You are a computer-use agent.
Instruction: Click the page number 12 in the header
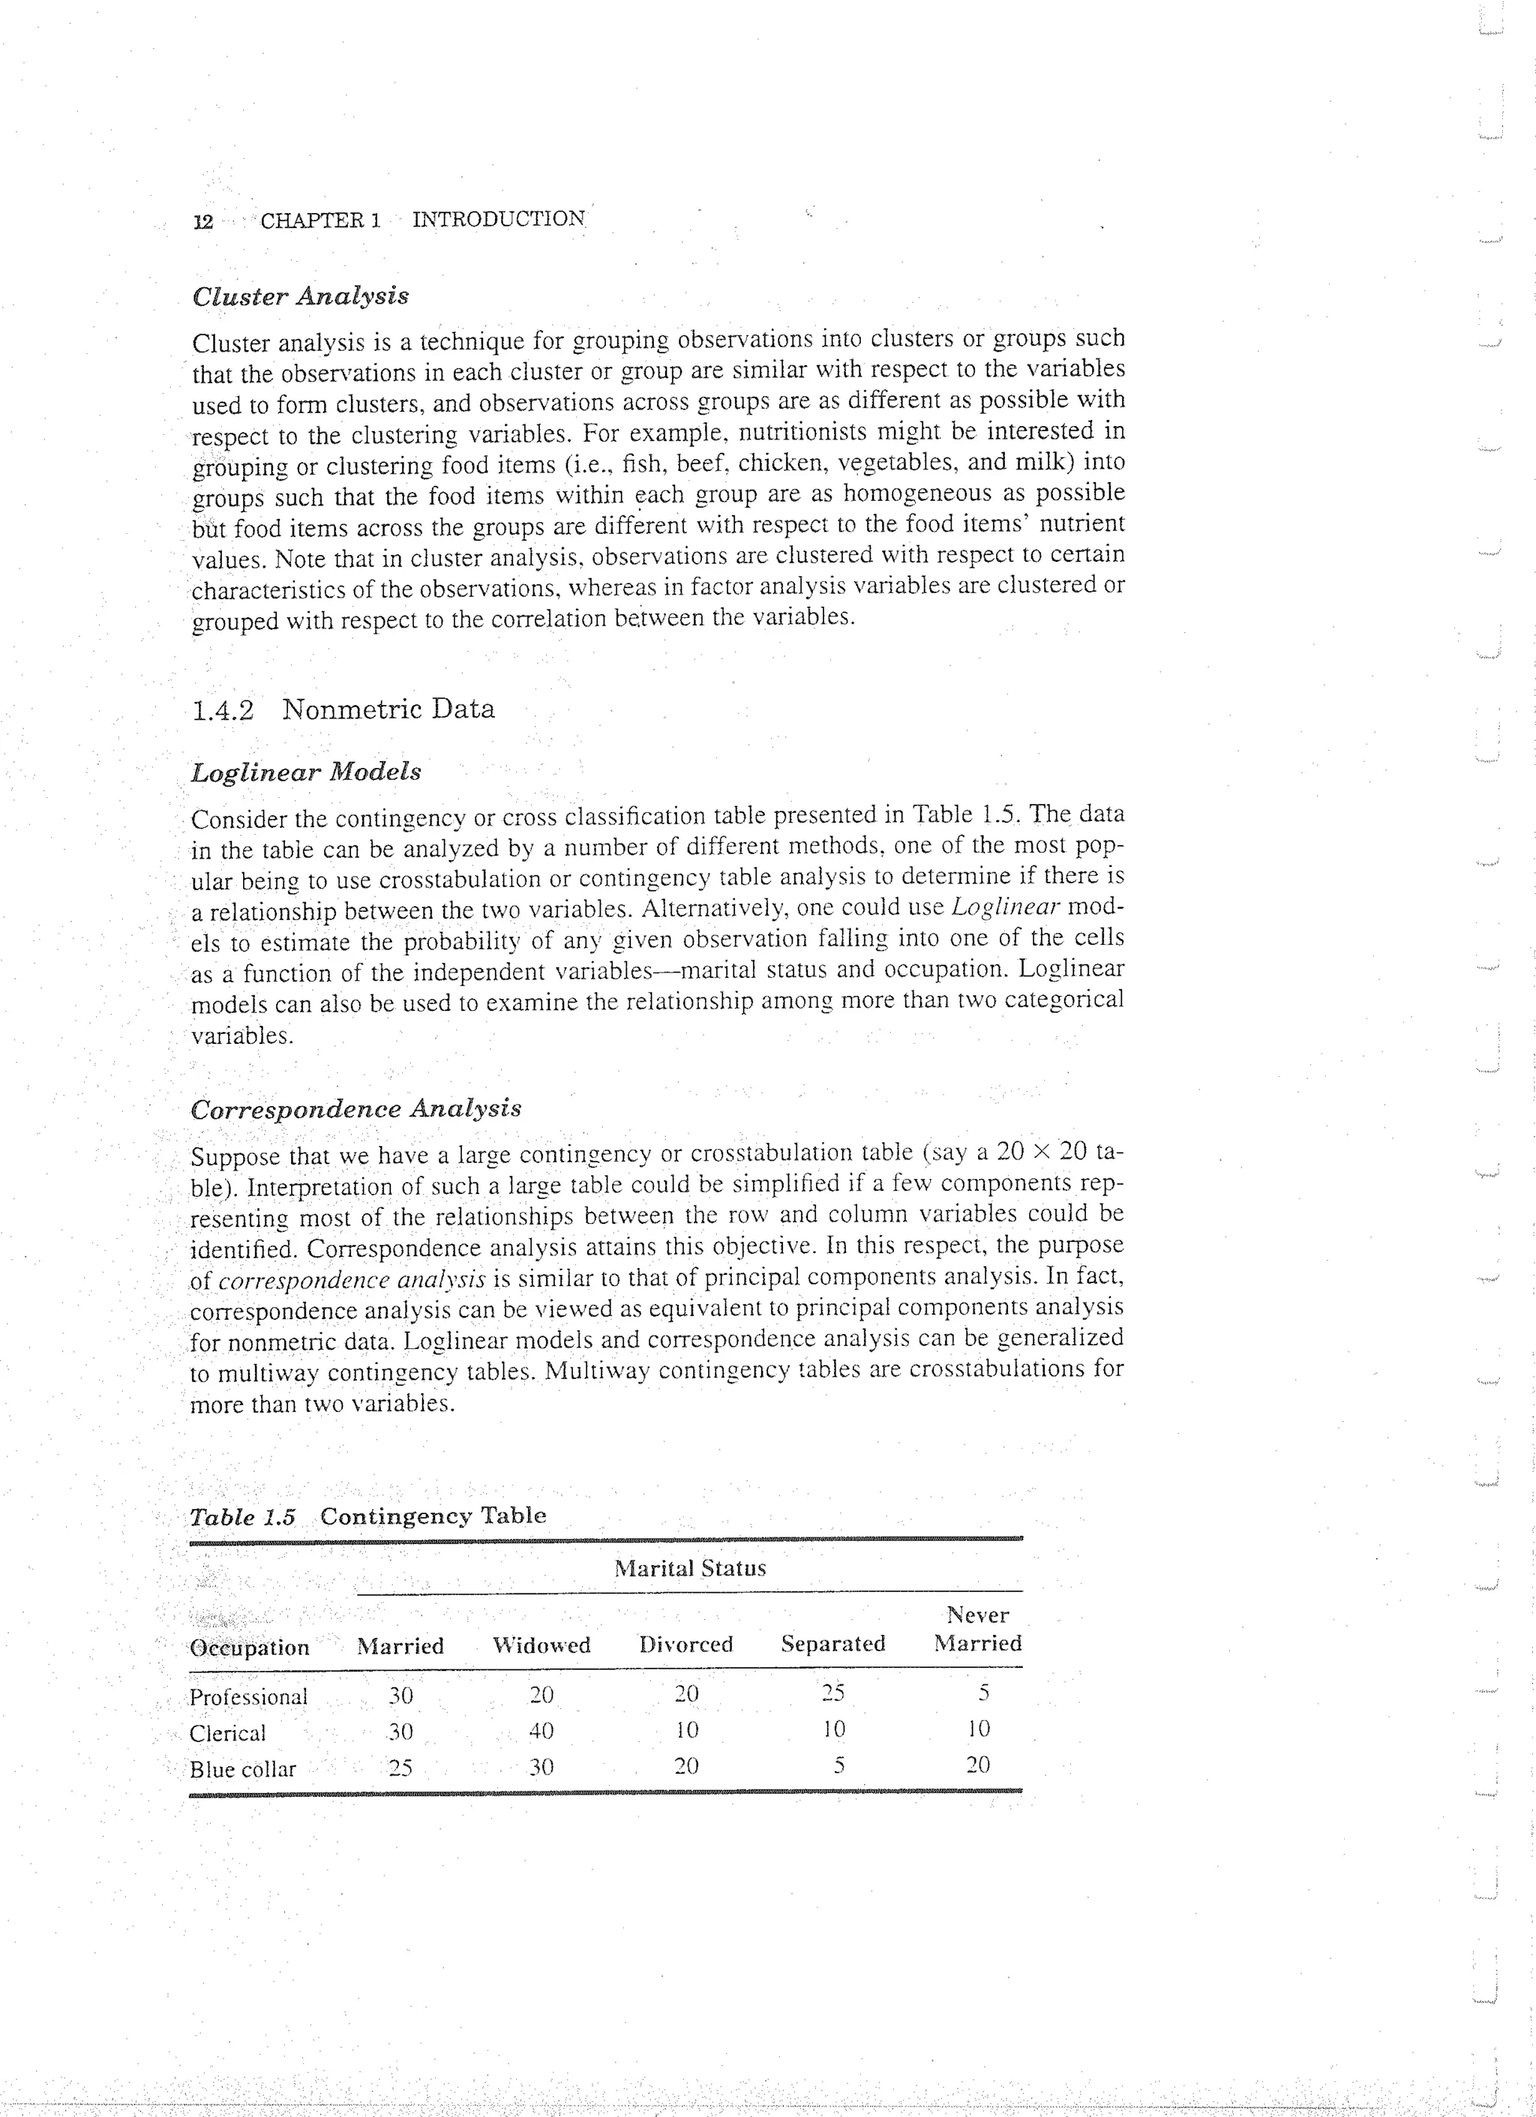point(202,221)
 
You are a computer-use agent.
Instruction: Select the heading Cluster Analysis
point(300,296)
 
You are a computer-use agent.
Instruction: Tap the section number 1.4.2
point(222,710)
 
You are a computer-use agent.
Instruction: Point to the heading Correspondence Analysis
point(355,1109)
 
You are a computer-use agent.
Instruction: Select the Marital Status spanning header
point(690,1569)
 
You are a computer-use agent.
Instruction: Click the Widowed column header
point(541,1645)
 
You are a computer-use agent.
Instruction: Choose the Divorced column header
point(686,1645)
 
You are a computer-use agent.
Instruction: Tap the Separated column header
point(833,1644)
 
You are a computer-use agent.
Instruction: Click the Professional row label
point(248,1697)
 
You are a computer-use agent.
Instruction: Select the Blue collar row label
point(243,1770)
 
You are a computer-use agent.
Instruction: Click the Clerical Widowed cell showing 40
point(541,1732)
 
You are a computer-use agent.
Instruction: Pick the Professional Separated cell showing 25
point(833,1693)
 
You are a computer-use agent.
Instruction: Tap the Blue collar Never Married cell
point(977,1765)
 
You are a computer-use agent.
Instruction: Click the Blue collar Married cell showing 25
point(400,1768)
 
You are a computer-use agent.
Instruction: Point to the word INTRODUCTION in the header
point(499,220)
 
